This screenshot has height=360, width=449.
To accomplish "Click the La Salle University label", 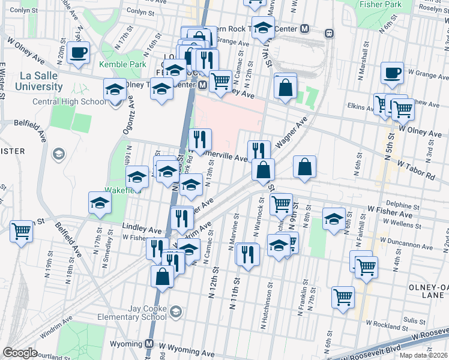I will (40, 81).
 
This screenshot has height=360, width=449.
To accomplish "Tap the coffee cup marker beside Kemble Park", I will (78, 52).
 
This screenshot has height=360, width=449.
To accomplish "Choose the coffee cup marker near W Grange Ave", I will (392, 73).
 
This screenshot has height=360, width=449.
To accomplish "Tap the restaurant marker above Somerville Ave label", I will (200, 139).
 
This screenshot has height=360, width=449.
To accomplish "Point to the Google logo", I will (20, 353).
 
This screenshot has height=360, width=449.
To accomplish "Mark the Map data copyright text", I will (423, 355).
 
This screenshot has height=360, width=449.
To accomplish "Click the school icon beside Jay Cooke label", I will (175, 311).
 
